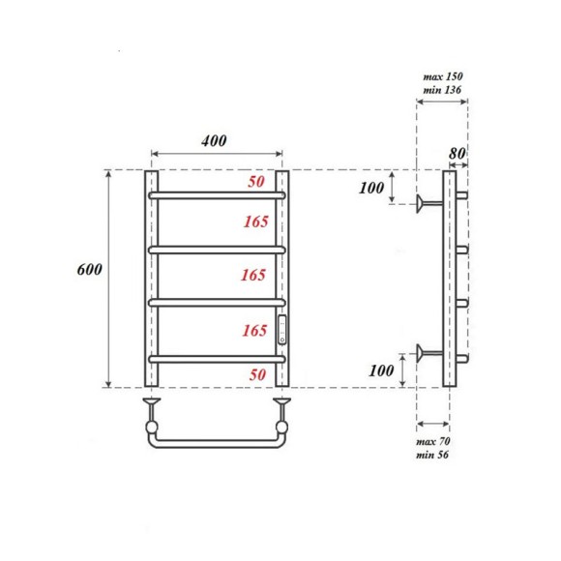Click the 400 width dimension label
click(x=214, y=140)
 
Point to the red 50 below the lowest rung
click(x=255, y=373)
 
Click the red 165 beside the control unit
click(x=254, y=331)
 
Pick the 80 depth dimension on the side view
click(x=458, y=152)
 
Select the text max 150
click(x=444, y=75)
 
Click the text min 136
click(x=444, y=90)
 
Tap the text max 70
click(x=433, y=441)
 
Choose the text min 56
click(x=433, y=455)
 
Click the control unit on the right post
click(x=282, y=331)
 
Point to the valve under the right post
click(x=282, y=413)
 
